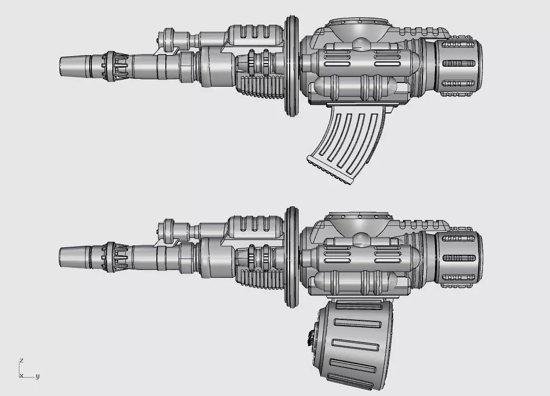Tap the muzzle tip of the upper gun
[61, 66]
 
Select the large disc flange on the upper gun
[291, 66]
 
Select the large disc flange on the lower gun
[291, 257]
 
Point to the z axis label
[22, 360]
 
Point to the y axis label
[38, 377]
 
